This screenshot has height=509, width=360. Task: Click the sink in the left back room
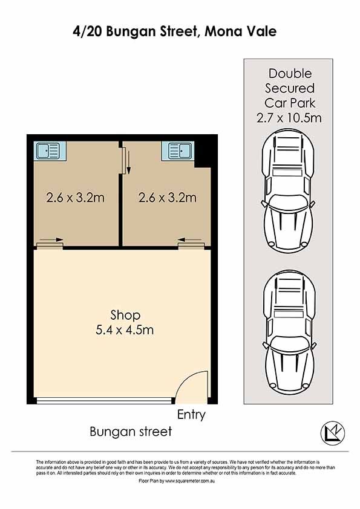pos(48,151)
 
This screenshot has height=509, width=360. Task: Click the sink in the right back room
pos(179,151)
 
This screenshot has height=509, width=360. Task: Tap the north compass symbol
pos(333,433)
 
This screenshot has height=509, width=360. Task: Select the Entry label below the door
pos(191,415)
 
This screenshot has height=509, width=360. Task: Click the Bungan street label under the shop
pos(131,432)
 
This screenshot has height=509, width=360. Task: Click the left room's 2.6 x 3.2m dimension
pos(75,197)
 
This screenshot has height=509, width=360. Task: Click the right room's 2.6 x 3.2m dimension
pos(168,197)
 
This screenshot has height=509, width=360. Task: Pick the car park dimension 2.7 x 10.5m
pos(289,117)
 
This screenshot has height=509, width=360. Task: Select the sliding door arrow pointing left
pos(190,240)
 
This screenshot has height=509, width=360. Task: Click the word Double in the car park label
pos(290,73)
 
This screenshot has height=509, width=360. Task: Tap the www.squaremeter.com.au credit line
pos(177,481)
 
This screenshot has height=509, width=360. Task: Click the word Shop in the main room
pos(125,315)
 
